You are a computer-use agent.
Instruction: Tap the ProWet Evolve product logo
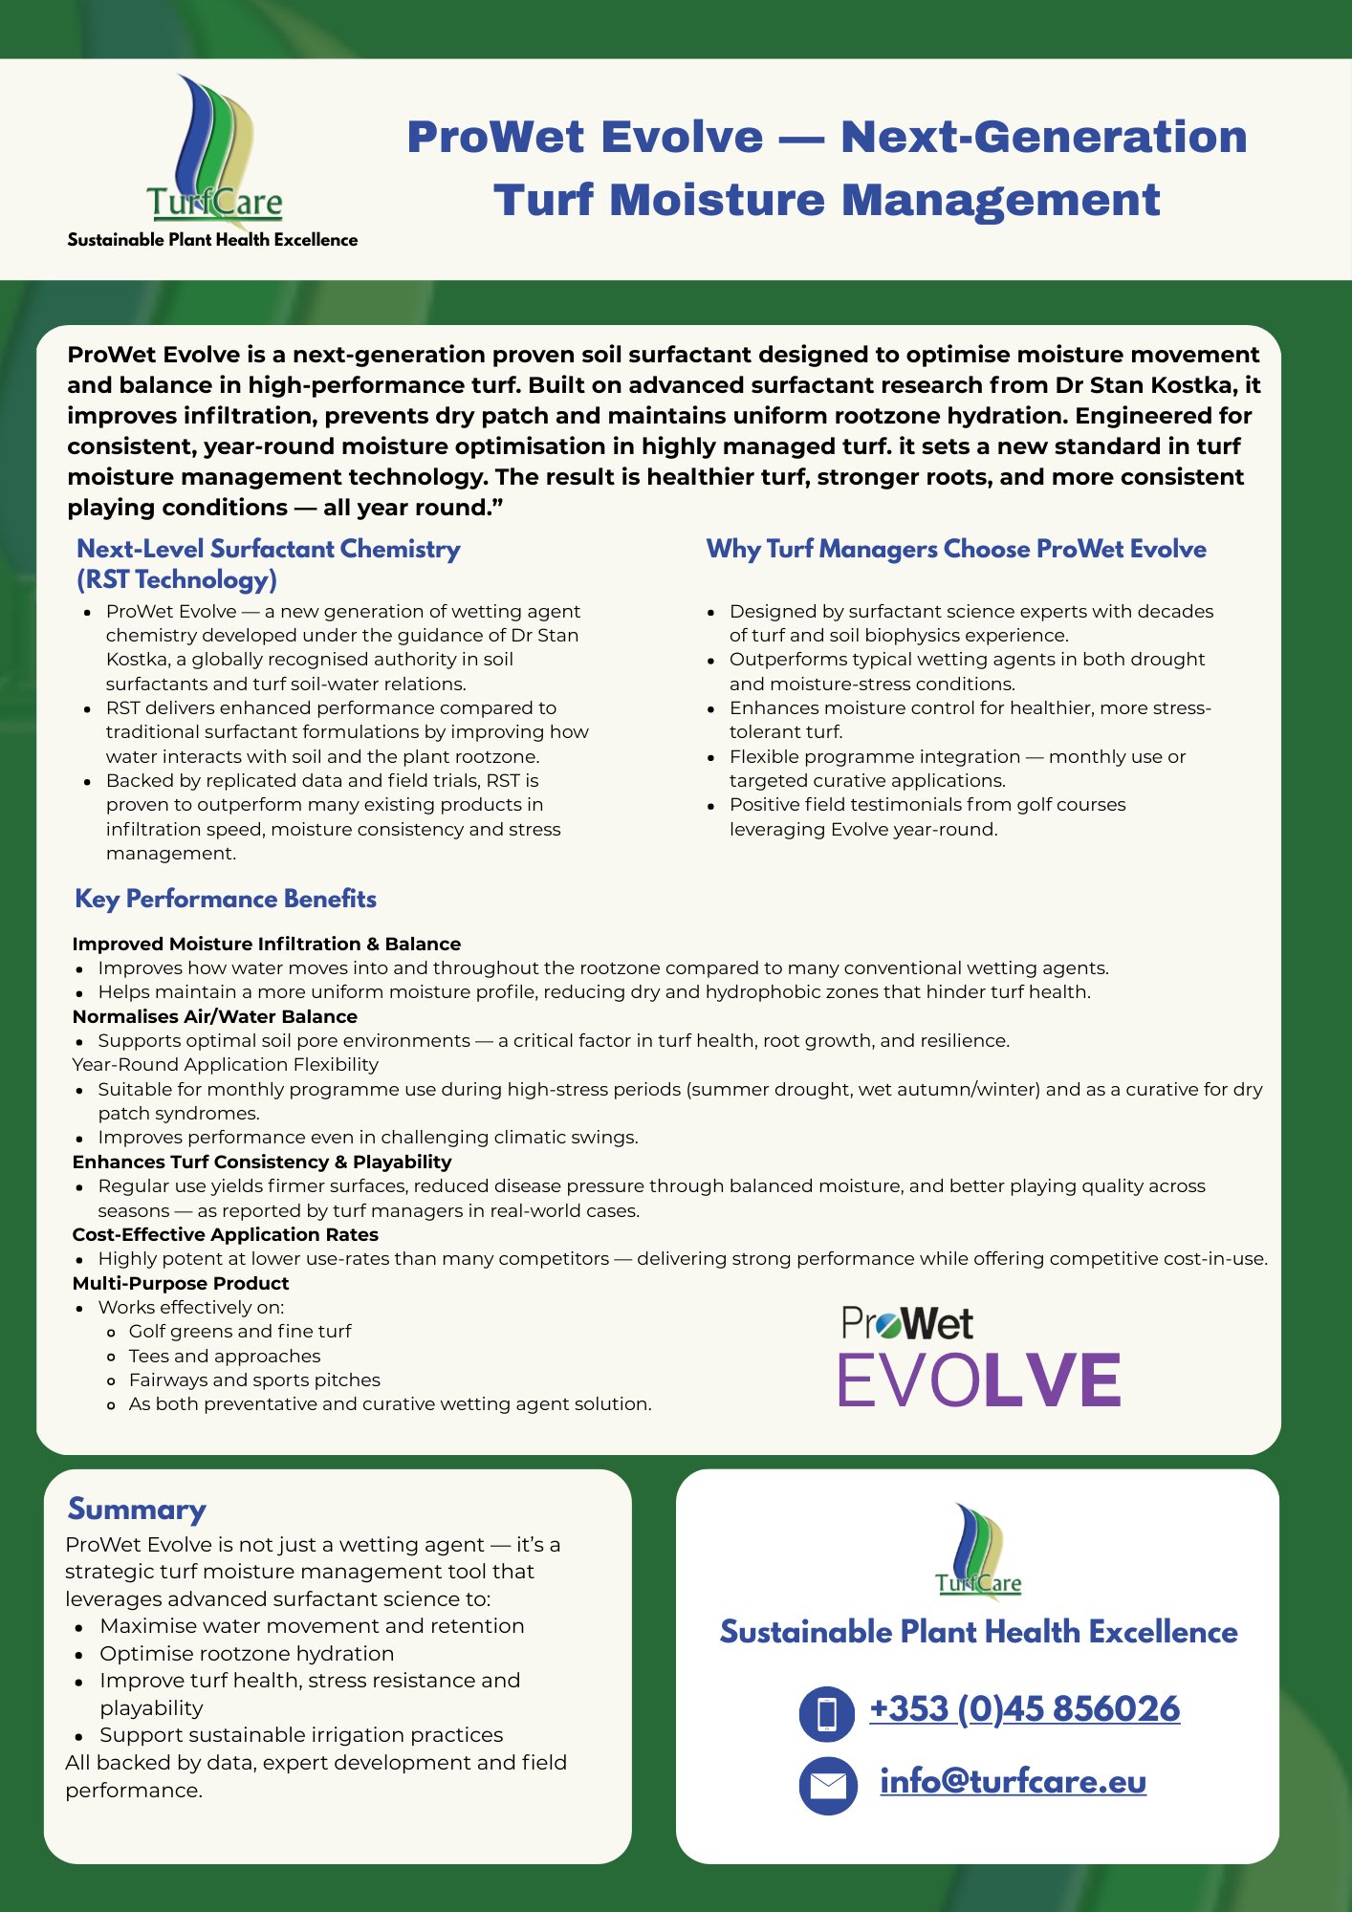point(978,1358)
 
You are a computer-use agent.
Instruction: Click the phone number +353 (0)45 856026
point(1024,1708)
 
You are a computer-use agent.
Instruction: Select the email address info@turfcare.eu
point(1013,1781)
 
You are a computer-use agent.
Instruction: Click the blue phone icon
point(827,1713)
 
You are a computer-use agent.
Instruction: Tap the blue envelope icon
point(827,1785)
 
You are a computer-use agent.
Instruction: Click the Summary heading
point(137,1510)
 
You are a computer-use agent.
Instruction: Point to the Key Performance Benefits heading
point(226,899)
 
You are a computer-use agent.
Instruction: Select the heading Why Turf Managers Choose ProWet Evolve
point(956,549)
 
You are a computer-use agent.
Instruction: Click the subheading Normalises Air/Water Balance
point(215,1016)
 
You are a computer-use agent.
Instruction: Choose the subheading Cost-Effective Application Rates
point(226,1234)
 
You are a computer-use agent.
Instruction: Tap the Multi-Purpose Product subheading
point(181,1283)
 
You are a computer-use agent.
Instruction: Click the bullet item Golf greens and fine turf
point(240,1331)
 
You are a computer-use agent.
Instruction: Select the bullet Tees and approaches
point(225,1356)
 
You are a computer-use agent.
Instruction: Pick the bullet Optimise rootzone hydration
point(247,1653)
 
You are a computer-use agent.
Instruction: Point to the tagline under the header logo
point(212,240)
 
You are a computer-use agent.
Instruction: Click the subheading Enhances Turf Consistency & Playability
point(262,1162)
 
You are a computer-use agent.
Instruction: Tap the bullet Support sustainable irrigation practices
point(301,1734)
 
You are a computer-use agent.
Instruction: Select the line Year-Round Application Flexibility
point(226,1064)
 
